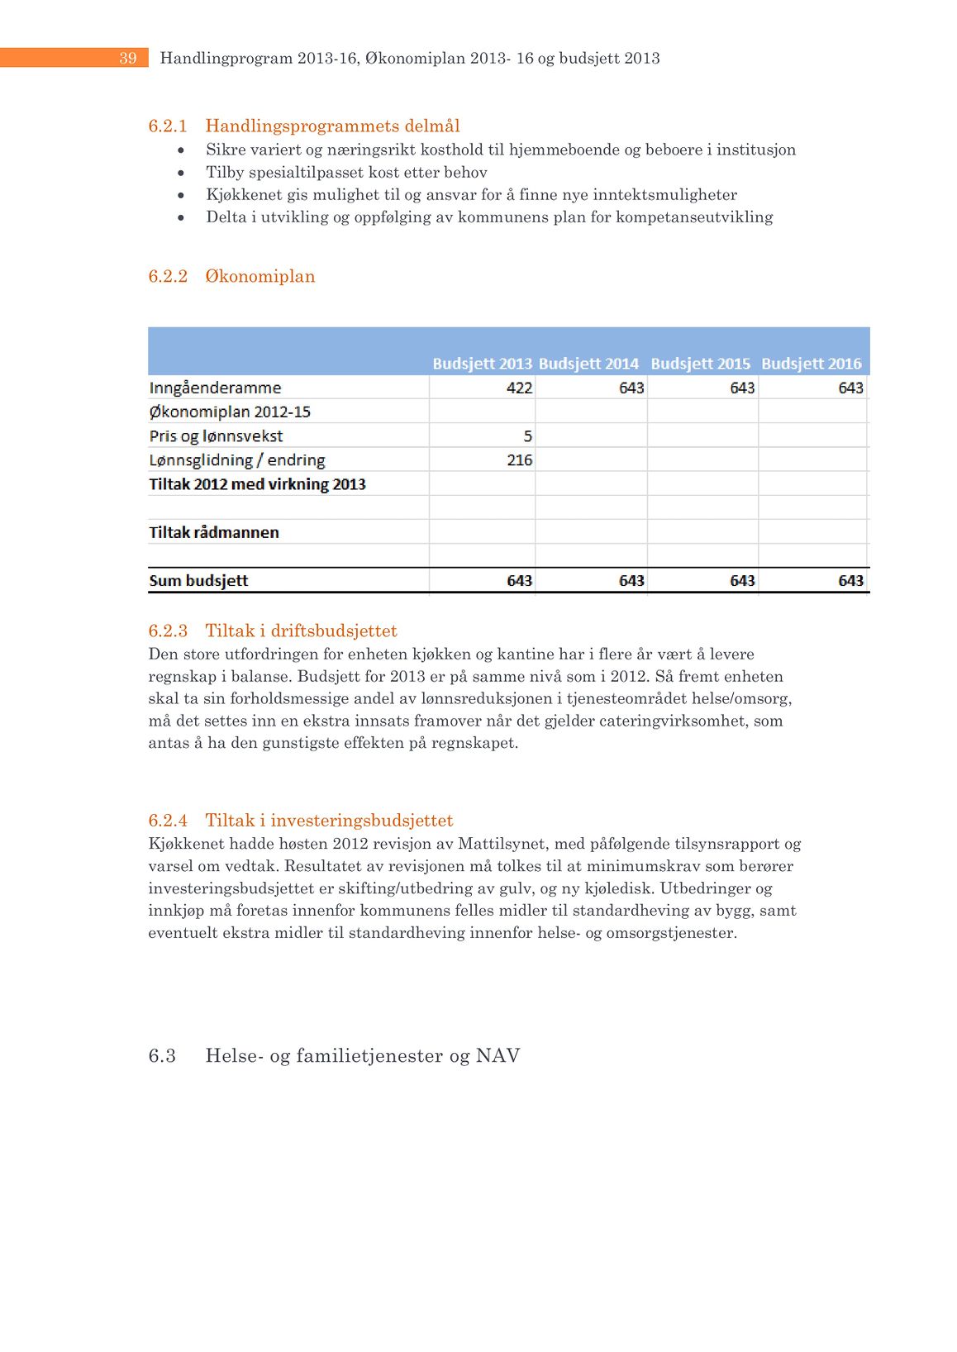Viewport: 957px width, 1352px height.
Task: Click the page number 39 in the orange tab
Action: (x=127, y=58)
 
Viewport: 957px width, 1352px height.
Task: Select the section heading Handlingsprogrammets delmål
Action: (x=332, y=126)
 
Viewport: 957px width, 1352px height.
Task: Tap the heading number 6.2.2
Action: (x=168, y=276)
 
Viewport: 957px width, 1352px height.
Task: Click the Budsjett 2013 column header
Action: (x=482, y=364)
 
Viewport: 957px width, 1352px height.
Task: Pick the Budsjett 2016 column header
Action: (x=811, y=364)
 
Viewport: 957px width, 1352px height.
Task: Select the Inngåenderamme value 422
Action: (x=519, y=388)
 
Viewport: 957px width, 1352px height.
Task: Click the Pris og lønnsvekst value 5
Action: (x=527, y=436)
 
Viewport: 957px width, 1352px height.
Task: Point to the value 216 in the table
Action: (x=519, y=459)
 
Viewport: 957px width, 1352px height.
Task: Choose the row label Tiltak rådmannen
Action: (x=214, y=532)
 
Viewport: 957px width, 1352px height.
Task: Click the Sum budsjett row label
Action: (x=198, y=580)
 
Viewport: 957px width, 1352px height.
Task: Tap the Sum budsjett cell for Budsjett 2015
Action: (x=741, y=580)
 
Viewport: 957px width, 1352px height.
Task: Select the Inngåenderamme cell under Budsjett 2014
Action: (x=631, y=388)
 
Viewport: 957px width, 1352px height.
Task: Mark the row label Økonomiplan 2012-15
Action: (x=230, y=412)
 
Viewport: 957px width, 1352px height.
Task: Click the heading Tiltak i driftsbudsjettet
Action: (x=301, y=631)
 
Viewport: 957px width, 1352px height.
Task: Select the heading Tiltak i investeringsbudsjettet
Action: (x=329, y=820)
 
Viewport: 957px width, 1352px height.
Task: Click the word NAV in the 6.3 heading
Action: (x=498, y=1055)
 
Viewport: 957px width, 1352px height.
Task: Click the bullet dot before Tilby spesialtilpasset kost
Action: (x=181, y=173)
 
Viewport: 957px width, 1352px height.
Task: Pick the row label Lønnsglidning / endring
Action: (x=237, y=459)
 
